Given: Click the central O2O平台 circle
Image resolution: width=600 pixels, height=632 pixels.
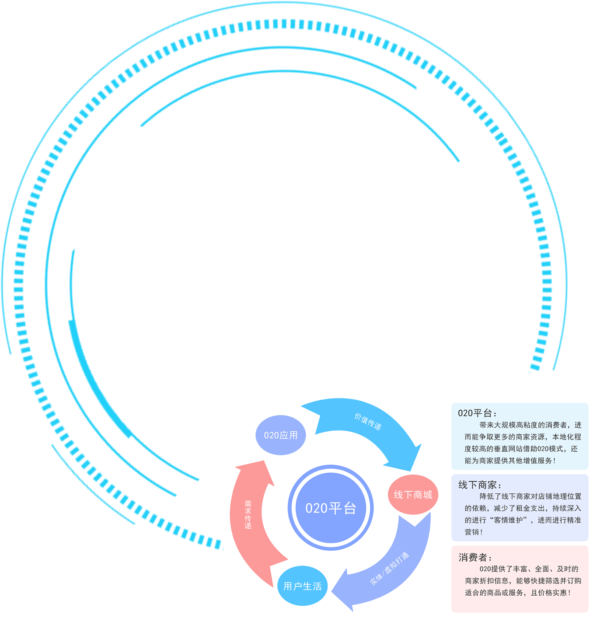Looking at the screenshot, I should tap(331, 508).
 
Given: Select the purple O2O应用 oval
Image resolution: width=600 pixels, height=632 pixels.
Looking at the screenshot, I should tap(281, 435).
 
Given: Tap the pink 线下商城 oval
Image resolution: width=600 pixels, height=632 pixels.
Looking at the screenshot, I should tap(413, 495).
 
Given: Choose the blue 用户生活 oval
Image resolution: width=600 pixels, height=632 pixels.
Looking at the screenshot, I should tap(302, 586).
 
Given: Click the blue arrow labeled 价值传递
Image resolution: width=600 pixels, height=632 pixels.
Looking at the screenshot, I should tap(367, 422).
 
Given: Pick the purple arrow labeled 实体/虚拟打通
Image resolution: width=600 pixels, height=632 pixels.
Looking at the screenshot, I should tap(389, 569).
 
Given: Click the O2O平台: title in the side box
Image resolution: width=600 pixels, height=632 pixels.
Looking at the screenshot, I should tap(477, 413).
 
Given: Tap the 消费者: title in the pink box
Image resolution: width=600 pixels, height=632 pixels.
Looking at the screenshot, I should tap(475, 558).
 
